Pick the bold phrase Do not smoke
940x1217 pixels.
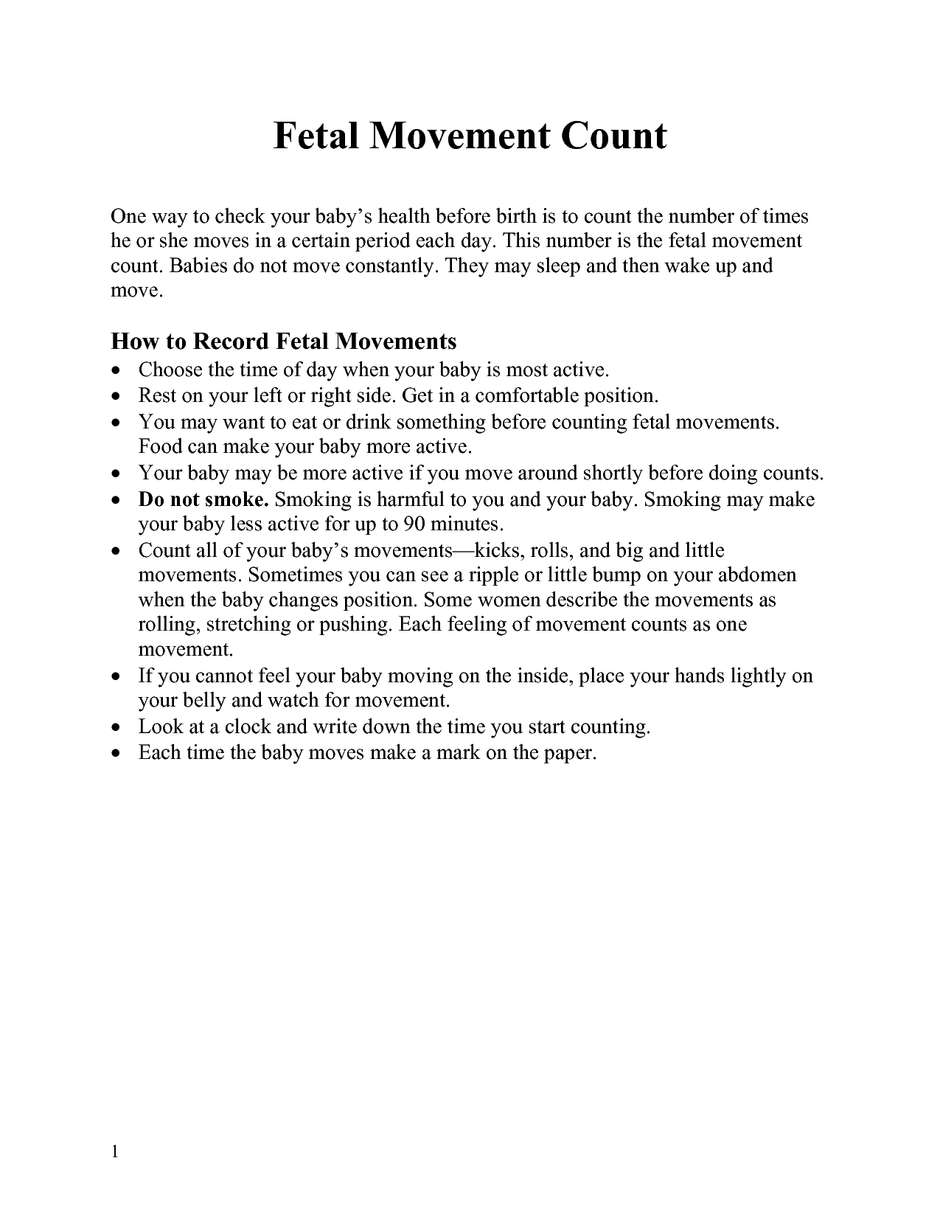203,499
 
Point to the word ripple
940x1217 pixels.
501,575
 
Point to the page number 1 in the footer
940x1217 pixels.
115,1152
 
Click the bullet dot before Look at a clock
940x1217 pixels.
116,728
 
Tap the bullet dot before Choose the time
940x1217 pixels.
116,370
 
